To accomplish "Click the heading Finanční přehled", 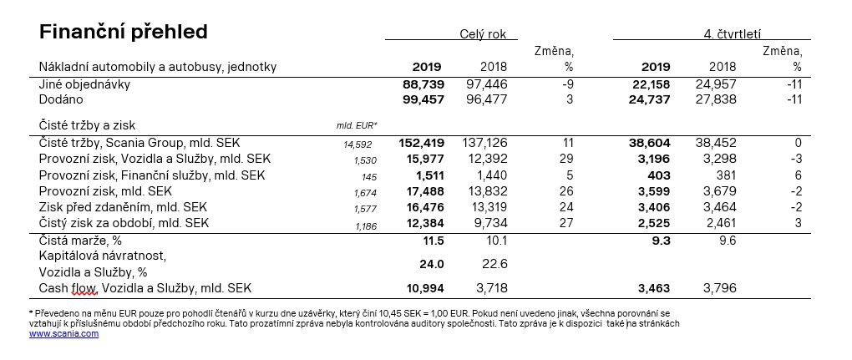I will [124, 33].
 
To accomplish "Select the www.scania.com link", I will [64, 333].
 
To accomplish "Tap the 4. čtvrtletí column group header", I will [732, 33].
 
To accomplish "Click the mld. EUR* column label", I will [357, 125].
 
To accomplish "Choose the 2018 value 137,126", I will [484, 144].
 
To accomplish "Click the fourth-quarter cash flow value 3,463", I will [654, 287].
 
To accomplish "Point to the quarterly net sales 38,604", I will [650, 144].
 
